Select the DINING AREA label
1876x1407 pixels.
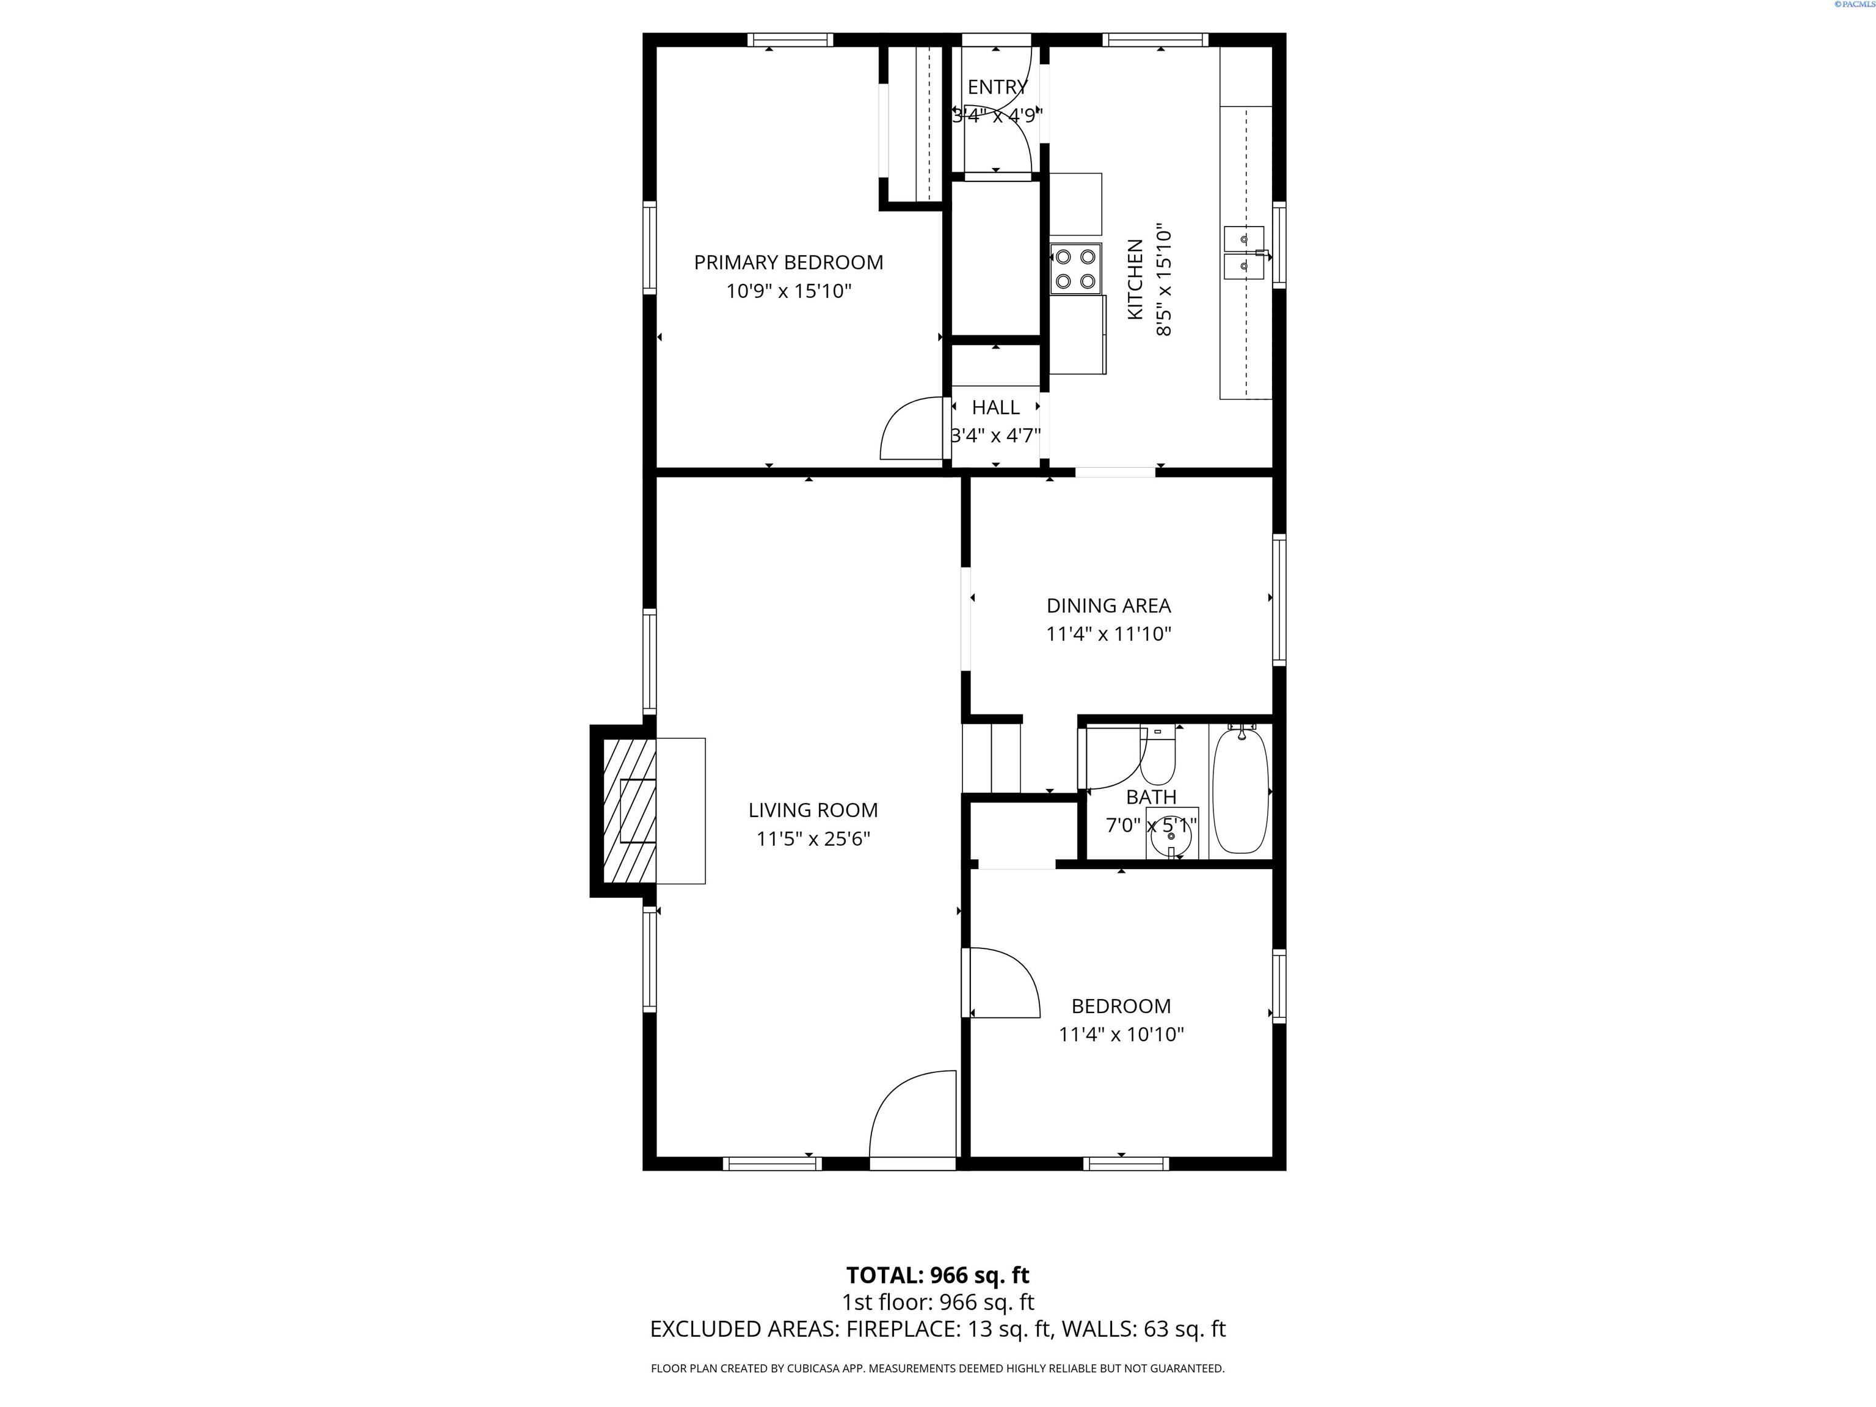[x=1108, y=606]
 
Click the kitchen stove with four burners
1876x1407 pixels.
[x=1075, y=269]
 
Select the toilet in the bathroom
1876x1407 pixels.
[x=1158, y=755]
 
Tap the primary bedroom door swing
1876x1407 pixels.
[x=912, y=428]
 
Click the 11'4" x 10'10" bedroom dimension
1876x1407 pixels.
[x=1121, y=1034]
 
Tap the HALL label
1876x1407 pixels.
[x=995, y=407]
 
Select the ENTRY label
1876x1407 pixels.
[x=997, y=87]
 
